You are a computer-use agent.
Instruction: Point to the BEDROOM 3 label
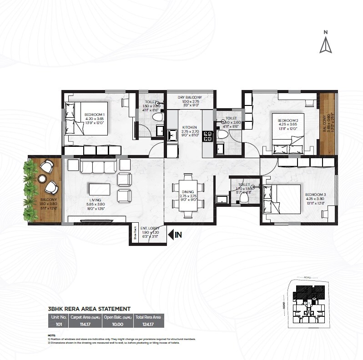[316, 194]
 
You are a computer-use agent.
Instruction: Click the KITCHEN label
[189, 128]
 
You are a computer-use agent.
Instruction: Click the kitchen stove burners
[207, 135]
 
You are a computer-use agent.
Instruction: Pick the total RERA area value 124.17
[148, 324]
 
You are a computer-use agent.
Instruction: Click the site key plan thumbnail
[309, 302]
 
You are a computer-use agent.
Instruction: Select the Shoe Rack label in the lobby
[135, 233]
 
